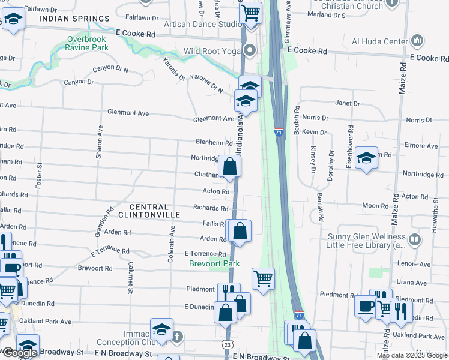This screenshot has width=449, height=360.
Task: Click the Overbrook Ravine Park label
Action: coord(88,43)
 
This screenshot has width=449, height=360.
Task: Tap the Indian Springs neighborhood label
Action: coord(68,19)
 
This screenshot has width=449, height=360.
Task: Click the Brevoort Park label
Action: coord(214,263)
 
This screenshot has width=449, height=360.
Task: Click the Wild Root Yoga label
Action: coord(212,51)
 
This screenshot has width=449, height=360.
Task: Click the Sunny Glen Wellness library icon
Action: coord(414,240)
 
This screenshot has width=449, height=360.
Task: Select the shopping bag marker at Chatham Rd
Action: coord(230,166)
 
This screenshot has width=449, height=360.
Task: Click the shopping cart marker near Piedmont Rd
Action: coord(262,278)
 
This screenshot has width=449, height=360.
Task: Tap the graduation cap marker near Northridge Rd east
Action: coord(366,158)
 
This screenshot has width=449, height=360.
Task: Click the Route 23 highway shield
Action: coord(226,344)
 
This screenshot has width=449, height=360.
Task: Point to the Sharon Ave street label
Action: coord(100,142)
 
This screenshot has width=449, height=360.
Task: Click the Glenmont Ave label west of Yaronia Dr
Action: coord(128,113)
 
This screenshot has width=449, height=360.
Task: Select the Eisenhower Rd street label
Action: coord(350,142)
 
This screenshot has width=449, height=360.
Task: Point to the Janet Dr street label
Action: coord(348,103)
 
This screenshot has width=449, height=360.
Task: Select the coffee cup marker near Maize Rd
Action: coord(364,307)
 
